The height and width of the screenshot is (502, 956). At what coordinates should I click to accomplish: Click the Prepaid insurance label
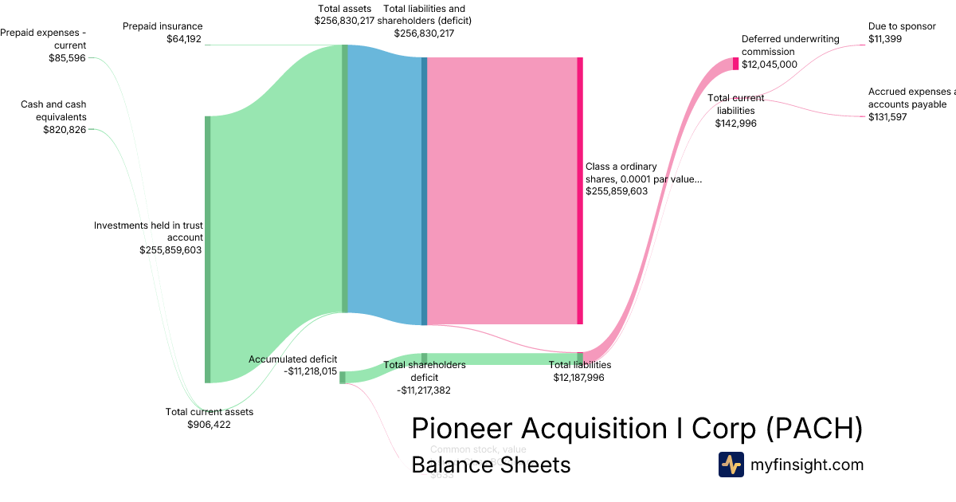[x=163, y=26]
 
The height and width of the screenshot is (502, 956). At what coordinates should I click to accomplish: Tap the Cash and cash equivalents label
[x=54, y=111]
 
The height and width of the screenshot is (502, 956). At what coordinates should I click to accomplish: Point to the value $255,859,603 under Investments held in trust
[x=170, y=249]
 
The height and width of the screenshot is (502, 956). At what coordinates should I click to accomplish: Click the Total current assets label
[x=210, y=412]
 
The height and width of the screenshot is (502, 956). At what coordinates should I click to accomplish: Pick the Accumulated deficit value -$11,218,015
[x=310, y=371]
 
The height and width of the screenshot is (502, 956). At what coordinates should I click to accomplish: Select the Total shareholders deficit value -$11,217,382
[x=425, y=390]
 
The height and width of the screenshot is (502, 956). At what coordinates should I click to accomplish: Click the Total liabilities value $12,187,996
[x=579, y=377]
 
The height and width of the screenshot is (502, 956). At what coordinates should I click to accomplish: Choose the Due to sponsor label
[x=902, y=26]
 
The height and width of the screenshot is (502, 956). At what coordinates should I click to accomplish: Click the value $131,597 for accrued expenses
[x=887, y=117]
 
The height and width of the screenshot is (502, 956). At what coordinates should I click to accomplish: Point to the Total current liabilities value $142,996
[x=735, y=123]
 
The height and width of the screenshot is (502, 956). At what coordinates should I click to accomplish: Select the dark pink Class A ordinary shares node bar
[x=580, y=190]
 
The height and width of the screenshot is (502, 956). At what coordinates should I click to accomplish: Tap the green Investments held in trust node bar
[x=208, y=249]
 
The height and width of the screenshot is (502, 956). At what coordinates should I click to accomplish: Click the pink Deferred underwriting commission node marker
[x=735, y=64]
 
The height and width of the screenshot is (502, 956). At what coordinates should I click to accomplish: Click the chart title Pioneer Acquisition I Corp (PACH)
[x=637, y=428]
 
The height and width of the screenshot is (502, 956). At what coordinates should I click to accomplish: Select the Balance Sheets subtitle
[x=491, y=465]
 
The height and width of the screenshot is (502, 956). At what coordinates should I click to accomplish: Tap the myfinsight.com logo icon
[x=731, y=465]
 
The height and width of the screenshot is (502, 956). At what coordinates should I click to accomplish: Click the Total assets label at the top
[x=343, y=9]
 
